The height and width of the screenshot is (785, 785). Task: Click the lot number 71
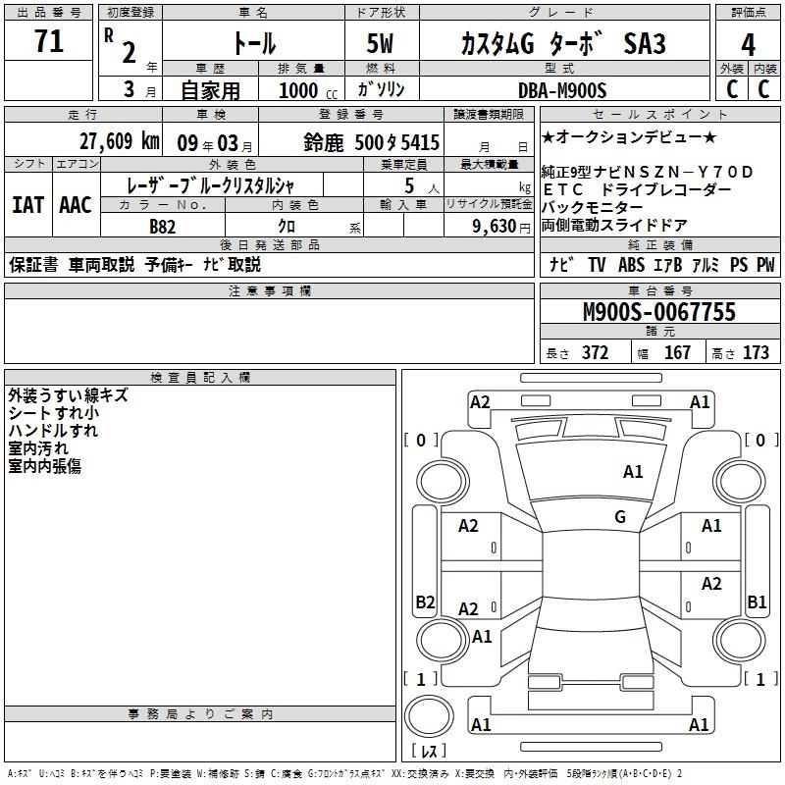click(x=49, y=41)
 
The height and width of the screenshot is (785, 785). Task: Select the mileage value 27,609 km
click(x=120, y=141)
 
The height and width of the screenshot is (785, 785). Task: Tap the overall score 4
click(x=748, y=45)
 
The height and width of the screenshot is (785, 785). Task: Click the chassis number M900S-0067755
click(x=659, y=312)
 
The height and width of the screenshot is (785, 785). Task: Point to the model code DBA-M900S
click(x=562, y=90)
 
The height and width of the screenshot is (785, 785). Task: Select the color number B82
click(x=163, y=227)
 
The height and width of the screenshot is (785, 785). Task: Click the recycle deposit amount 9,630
click(x=495, y=227)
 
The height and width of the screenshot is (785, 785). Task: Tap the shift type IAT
click(x=27, y=205)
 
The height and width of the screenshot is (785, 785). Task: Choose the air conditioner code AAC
click(x=76, y=205)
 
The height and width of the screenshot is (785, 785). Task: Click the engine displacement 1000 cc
click(x=308, y=90)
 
